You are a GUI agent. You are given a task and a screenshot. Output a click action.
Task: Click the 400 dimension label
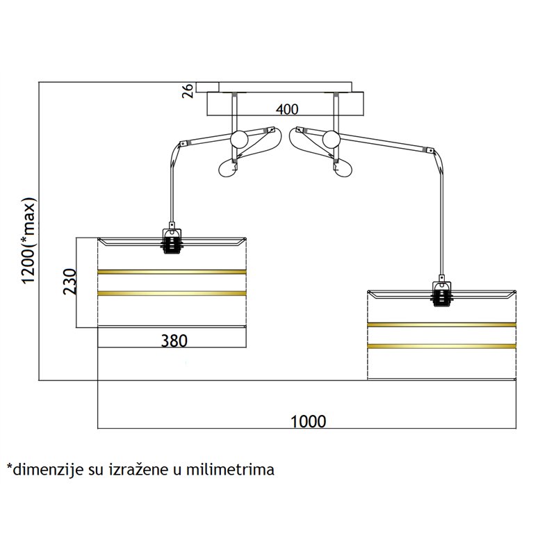(x=286, y=109)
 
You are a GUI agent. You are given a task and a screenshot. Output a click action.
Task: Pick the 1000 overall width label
(x=308, y=421)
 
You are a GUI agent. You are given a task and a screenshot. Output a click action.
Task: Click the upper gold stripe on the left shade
(x=172, y=270)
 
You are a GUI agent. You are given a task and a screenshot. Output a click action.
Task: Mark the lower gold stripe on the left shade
(x=172, y=293)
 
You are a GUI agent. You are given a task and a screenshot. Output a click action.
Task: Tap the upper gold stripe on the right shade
(x=442, y=324)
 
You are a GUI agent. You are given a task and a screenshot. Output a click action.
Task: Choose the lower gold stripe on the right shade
(x=442, y=345)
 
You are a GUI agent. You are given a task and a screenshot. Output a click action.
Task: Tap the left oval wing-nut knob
(x=227, y=167)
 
